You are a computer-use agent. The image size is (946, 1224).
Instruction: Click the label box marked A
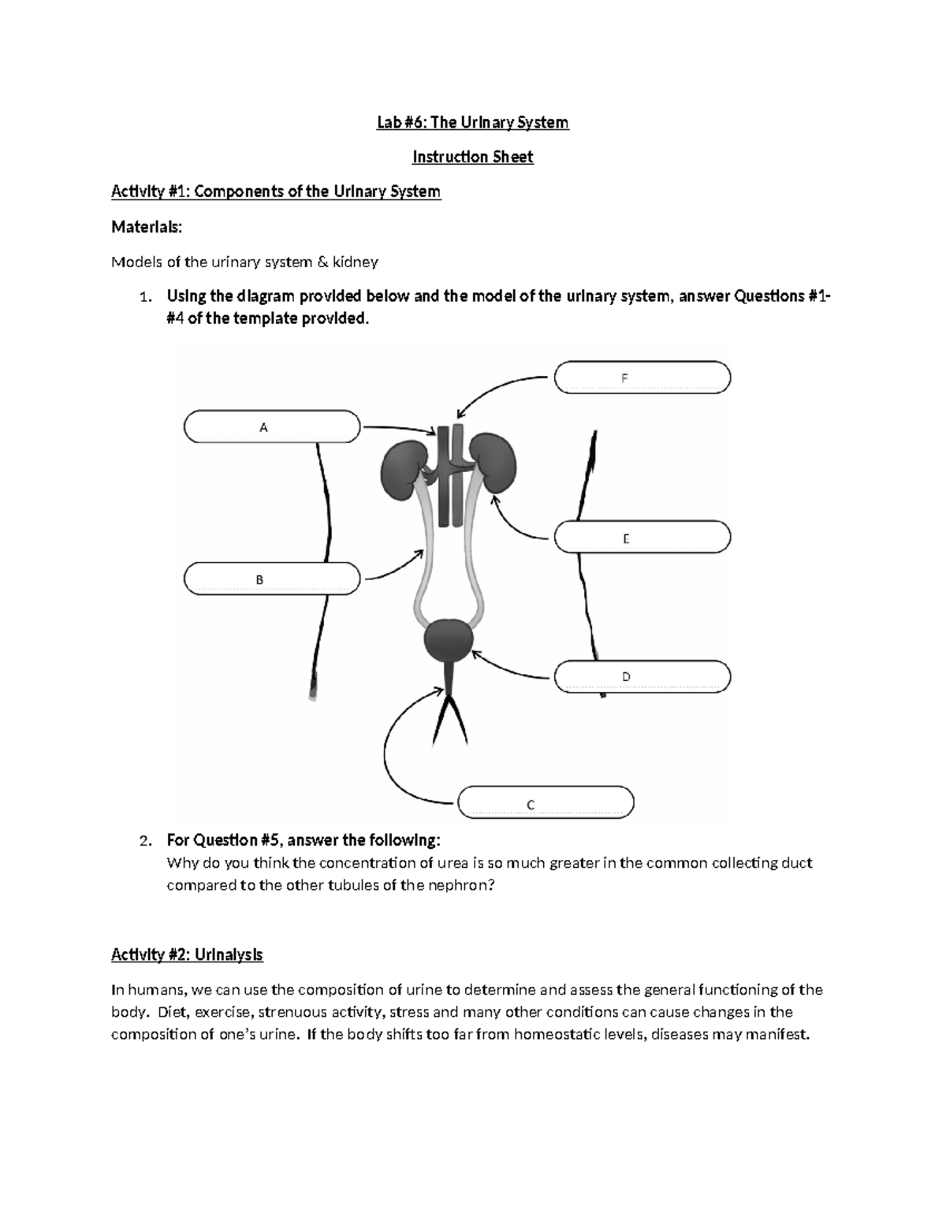click(x=271, y=427)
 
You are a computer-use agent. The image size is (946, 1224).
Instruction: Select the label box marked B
click(x=271, y=579)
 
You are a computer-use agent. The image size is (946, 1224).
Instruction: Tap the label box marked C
click(x=546, y=803)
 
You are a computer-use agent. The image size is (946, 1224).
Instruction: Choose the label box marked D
click(x=642, y=677)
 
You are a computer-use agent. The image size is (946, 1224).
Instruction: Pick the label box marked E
click(x=642, y=538)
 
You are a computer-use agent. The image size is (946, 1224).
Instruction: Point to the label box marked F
click(x=642, y=378)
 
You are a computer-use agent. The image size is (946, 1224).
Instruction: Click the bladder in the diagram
click(x=449, y=639)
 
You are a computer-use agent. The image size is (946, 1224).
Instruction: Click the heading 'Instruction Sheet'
click(x=472, y=157)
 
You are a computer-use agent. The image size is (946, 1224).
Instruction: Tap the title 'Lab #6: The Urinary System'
click(x=472, y=122)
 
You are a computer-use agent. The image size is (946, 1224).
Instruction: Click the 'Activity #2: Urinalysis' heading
click(x=187, y=955)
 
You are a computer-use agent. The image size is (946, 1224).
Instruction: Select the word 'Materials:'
click(x=147, y=227)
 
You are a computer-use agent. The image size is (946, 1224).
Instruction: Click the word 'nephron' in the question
click(x=464, y=885)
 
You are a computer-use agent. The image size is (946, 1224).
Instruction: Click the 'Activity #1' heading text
click(x=276, y=192)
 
